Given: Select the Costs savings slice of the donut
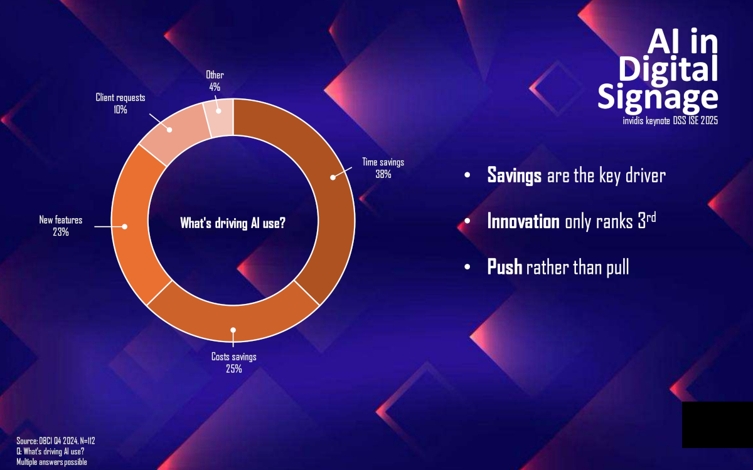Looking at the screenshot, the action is (x=233, y=323).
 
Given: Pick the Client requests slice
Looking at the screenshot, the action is (x=171, y=131).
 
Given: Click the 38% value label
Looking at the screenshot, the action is (x=383, y=174).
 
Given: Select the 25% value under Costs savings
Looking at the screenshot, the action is (x=234, y=369).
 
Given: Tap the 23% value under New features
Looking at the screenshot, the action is (x=61, y=232).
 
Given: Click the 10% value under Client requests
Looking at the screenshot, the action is (x=120, y=110).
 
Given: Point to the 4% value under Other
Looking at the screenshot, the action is (x=215, y=87).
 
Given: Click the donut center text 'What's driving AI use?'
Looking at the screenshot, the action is (x=233, y=223).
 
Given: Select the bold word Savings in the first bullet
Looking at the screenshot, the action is (x=515, y=175).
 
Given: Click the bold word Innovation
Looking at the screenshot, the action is (x=523, y=221).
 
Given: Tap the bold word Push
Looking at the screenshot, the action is (x=505, y=268).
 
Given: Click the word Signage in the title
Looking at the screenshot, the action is (x=658, y=97).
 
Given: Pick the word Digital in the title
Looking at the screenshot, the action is (x=668, y=68).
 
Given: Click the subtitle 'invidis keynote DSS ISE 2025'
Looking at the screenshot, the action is (x=670, y=120).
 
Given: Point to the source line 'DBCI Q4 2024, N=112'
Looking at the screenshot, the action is (x=67, y=441).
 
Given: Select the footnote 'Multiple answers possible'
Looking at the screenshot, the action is (x=51, y=462).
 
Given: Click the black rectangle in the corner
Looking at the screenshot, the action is (x=717, y=425).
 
